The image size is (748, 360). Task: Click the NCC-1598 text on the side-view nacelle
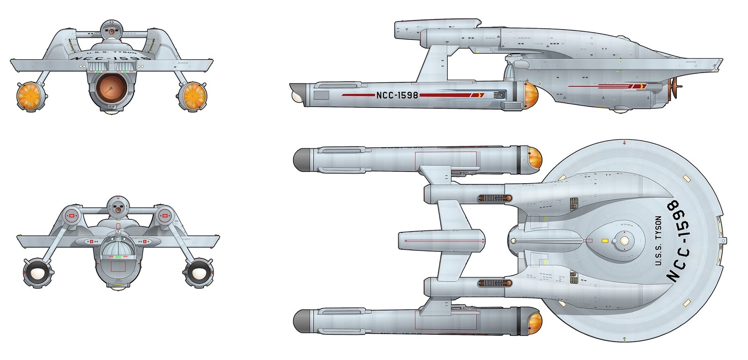click(397, 95)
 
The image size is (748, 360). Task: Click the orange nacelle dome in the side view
click(531, 95)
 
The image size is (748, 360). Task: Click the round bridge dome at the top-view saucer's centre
click(624, 240)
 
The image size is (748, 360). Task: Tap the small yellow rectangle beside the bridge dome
click(604, 241)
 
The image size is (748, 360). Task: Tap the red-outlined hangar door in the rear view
click(118, 266)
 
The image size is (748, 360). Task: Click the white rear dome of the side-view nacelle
click(297, 96)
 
